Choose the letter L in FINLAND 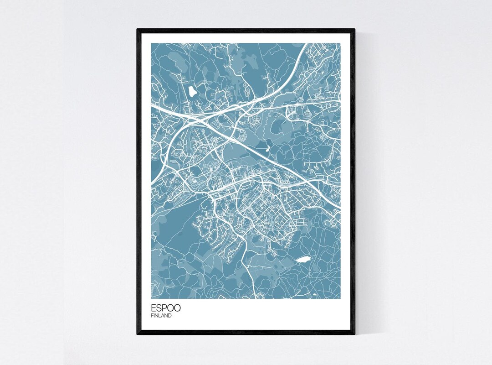click(x=160, y=315)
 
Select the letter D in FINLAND click(x=170, y=315)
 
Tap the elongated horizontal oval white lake click(x=303, y=260)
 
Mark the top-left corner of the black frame click(x=138, y=30)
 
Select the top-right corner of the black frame click(x=354, y=30)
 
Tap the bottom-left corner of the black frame click(x=138, y=334)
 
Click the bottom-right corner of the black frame click(x=354, y=334)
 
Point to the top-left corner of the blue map click(x=152, y=44)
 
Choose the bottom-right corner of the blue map click(x=340, y=298)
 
